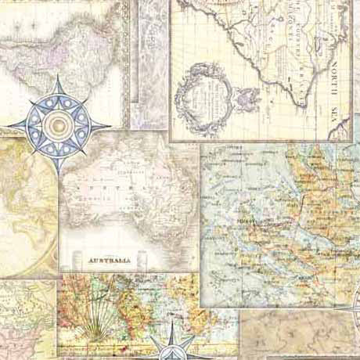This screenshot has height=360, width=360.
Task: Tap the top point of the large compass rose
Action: point(59,77)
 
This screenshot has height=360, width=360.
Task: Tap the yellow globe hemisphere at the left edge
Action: point(27,207)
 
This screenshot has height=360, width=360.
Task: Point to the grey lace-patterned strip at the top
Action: point(149,63)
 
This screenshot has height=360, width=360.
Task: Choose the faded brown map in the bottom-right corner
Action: point(301,333)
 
